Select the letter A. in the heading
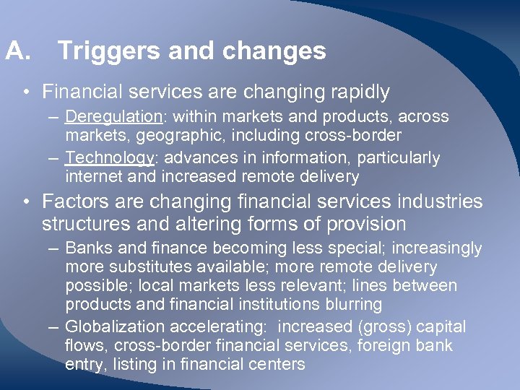17,51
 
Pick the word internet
90,176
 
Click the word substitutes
139,267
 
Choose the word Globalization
118,326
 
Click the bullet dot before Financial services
26,93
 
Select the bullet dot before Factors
26,201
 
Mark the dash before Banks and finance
54,248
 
